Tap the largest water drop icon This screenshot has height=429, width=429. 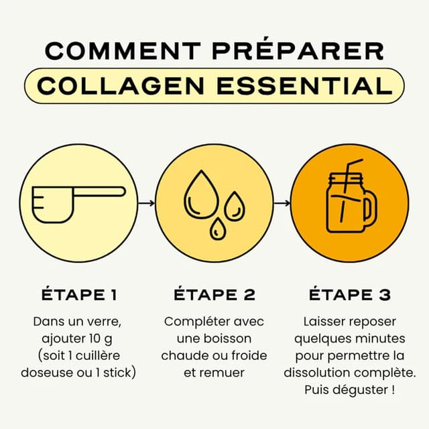199,194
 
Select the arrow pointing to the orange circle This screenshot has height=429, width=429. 282,202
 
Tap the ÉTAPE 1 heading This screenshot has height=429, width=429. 80,295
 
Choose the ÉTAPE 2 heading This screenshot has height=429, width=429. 214,295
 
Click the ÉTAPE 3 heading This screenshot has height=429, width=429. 349,295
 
